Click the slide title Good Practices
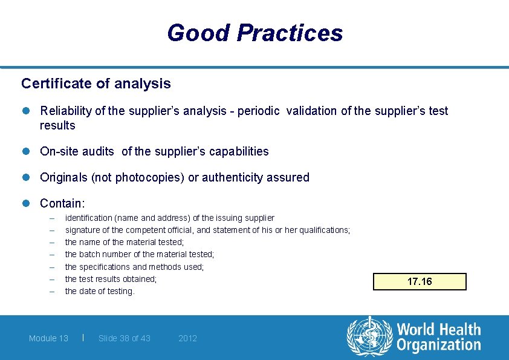[x=254, y=33]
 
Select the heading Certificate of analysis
[x=96, y=83]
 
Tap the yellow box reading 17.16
[x=420, y=282]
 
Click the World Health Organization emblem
[x=369, y=338]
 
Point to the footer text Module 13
[x=48, y=338]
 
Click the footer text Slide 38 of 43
[x=125, y=338]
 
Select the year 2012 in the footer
[x=188, y=338]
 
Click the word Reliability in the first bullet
[x=63, y=111]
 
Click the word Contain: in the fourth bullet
[x=62, y=204]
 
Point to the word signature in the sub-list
[x=83, y=230]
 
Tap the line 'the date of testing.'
[x=100, y=291]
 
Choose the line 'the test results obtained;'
[x=111, y=279]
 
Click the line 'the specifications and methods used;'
[x=134, y=267]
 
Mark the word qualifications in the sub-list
[x=325, y=230]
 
